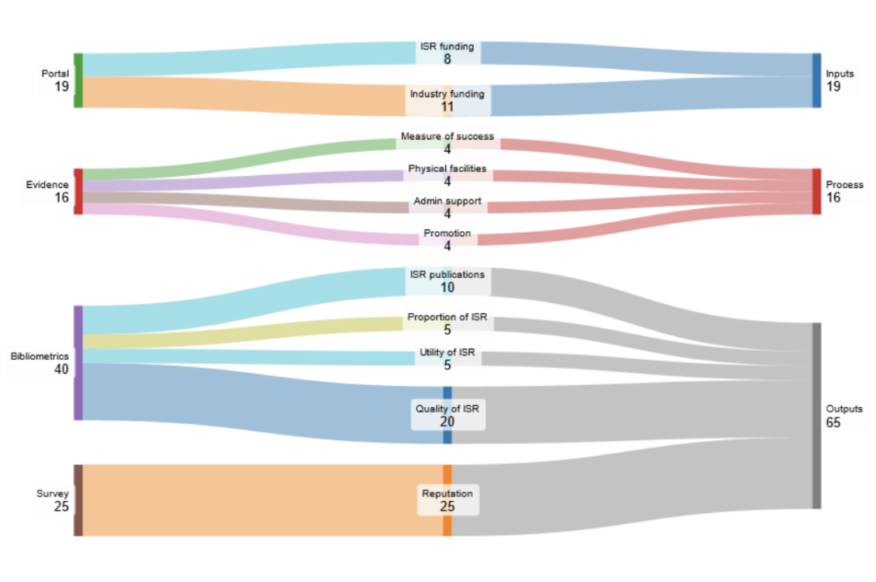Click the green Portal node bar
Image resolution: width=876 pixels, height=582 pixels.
tap(78, 80)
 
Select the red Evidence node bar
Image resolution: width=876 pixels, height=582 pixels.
tap(78, 191)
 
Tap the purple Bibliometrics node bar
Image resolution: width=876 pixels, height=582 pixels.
tap(78, 362)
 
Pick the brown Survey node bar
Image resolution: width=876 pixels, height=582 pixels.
tap(78, 500)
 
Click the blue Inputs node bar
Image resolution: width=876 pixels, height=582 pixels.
tap(817, 80)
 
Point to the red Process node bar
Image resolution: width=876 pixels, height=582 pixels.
tap(817, 191)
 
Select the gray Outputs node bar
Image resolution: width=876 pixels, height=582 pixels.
tap(817, 415)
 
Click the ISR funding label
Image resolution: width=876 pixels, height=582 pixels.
tap(447, 46)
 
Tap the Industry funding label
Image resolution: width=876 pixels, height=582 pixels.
tap(447, 94)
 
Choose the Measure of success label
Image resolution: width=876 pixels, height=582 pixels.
tap(447, 137)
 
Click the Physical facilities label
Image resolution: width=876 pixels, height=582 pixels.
tap(447, 169)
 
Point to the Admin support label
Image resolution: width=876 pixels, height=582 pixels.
tap(447, 201)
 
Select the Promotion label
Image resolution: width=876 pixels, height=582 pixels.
tap(447, 233)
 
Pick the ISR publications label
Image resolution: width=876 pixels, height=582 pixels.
tap(447, 275)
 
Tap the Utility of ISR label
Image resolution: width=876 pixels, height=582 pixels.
tap(447, 353)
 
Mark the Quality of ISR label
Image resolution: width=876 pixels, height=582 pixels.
tap(447, 409)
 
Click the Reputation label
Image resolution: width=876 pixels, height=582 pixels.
tap(447, 494)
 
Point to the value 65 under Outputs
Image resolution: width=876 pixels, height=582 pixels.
tap(834, 422)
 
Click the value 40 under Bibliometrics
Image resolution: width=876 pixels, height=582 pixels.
tap(62, 370)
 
